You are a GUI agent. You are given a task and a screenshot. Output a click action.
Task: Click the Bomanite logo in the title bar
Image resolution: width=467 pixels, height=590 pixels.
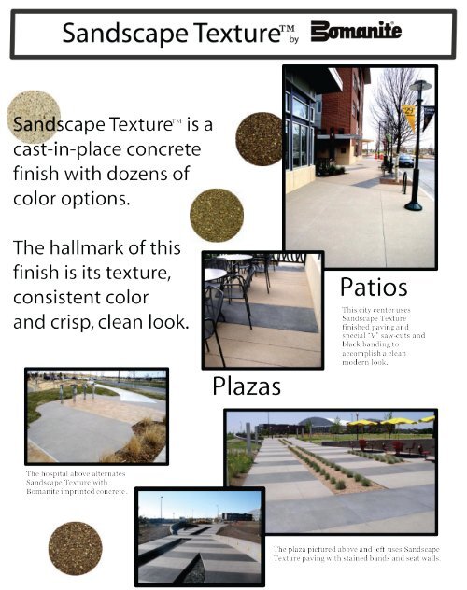click(356, 31)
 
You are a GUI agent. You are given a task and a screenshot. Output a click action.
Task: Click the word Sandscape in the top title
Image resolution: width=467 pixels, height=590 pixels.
click(125, 33)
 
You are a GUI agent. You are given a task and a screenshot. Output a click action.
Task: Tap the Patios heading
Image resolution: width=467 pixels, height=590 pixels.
click(374, 288)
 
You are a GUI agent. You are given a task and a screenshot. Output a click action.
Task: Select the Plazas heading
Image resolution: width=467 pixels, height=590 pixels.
click(247, 386)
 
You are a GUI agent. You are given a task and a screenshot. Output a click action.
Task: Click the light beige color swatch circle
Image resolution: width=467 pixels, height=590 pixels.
click(34, 117)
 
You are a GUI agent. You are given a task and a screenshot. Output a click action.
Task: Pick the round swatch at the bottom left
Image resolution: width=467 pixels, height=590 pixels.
click(76, 548)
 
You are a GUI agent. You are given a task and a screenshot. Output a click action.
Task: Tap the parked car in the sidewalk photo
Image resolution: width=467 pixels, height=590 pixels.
click(405, 161)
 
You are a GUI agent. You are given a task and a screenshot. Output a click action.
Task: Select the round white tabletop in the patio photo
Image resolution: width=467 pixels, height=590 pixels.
click(234, 258)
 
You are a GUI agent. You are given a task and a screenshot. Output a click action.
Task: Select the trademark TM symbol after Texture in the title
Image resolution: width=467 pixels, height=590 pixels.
click(288, 27)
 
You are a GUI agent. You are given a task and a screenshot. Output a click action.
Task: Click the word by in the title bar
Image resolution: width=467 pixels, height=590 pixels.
click(294, 39)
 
